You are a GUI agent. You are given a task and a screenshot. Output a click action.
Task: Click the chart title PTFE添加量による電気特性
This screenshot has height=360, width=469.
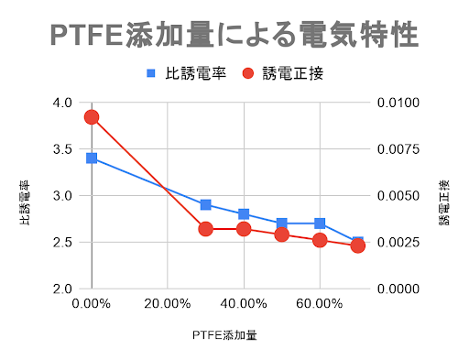(x=234, y=34)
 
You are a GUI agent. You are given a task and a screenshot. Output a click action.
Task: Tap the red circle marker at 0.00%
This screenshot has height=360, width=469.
(x=92, y=116)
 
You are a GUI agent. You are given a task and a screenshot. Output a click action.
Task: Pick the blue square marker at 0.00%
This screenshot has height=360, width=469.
(x=92, y=158)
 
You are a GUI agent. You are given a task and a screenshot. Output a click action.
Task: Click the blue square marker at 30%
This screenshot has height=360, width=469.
(x=206, y=204)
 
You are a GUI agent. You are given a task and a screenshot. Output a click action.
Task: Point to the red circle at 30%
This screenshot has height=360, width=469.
(x=206, y=228)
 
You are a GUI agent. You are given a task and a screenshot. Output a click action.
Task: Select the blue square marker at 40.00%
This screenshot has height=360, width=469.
(x=244, y=214)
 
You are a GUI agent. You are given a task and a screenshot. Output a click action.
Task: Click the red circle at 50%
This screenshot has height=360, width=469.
(x=282, y=234)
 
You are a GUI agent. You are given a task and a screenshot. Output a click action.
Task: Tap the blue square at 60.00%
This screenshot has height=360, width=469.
(x=320, y=224)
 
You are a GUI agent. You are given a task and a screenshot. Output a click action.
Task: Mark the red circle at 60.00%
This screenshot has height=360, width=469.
(x=320, y=240)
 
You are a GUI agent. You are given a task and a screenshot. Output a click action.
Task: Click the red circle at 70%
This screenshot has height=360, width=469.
(x=358, y=245)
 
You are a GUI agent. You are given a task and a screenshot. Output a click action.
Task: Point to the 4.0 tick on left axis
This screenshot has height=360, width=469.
(x=65, y=103)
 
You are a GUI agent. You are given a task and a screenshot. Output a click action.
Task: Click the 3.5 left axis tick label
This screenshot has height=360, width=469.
(x=65, y=149)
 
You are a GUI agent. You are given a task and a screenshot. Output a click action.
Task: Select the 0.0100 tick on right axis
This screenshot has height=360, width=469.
(x=398, y=103)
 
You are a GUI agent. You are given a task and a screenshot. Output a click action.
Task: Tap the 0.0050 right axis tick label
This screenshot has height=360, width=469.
(x=398, y=196)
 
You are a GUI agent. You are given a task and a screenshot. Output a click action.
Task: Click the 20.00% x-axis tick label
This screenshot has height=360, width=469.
(x=168, y=302)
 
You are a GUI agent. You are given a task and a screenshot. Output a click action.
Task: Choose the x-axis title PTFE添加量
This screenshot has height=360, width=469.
(x=225, y=335)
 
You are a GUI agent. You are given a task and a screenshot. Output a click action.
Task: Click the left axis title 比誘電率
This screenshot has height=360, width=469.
(x=25, y=195)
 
